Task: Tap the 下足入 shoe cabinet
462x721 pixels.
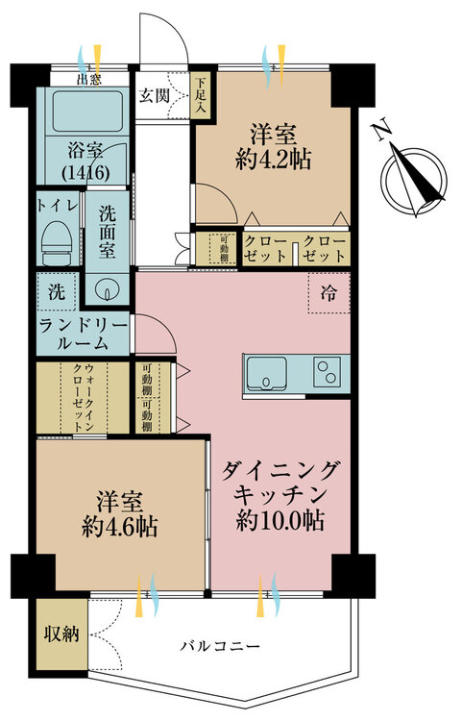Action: coord(201,96)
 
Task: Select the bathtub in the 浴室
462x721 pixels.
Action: coord(87,111)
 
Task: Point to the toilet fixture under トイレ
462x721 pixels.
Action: coord(58,242)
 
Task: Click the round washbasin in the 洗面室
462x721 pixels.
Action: coord(107,289)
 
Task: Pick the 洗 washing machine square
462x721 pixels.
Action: coord(57,291)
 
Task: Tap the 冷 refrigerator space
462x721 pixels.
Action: coord(328,293)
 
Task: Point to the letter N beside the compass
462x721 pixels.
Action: coord(382,131)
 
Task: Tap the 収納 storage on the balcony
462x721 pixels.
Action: coord(61,634)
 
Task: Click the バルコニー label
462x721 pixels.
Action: coord(220,647)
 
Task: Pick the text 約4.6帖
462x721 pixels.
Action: coord(120,527)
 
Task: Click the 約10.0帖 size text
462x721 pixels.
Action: coord(280,520)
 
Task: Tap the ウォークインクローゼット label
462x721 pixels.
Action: coord(84,398)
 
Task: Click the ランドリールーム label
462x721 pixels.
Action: coord(83,335)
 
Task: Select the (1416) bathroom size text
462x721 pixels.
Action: coord(85,172)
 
